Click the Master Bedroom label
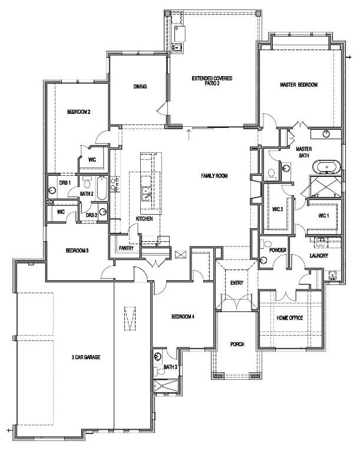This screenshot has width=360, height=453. (299, 85)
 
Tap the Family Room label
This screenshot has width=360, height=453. (214, 176)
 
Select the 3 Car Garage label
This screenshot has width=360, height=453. (86, 357)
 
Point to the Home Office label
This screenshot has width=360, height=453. (289, 318)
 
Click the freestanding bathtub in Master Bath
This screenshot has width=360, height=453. (326, 167)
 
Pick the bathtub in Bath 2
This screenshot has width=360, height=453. (102, 188)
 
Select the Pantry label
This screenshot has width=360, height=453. (126, 248)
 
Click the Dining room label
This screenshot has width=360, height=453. (140, 86)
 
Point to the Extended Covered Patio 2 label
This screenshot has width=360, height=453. (212, 81)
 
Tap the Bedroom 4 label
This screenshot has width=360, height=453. (183, 317)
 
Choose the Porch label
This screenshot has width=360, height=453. (237, 344)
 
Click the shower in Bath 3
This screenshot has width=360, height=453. (166, 386)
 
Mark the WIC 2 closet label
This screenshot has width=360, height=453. (278, 209)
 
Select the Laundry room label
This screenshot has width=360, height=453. (319, 255)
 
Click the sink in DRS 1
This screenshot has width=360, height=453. (52, 191)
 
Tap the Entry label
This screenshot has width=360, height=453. (237, 283)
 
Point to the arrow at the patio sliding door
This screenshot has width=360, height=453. (189, 134)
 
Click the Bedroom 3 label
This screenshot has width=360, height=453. (77, 251)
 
